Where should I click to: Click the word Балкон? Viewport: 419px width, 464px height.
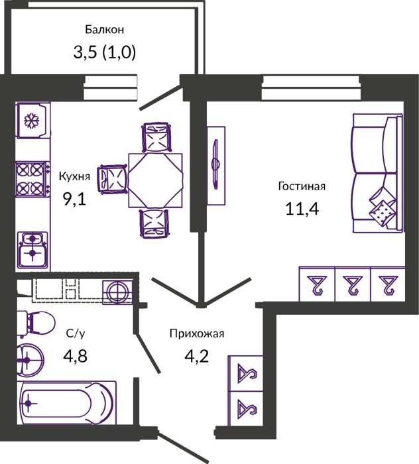(x=105, y=30)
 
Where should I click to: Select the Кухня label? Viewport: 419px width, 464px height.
(x=74, y=176)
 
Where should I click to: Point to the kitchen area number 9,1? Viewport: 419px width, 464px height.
(x=74, y=199)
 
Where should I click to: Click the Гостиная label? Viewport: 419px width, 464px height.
(x=302, y=186)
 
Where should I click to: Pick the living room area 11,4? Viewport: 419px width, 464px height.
(x=302, y=209)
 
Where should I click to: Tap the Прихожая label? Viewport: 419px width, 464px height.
(x=197, y=334)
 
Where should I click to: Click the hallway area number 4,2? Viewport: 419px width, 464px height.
(x=197, y=356)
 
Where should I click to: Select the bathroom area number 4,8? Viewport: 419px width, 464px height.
(x=75, y=356)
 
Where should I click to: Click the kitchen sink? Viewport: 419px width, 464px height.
(x=32, y=249)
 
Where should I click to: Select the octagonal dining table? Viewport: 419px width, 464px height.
(x=155, y=180)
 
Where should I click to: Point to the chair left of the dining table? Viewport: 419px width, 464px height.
(x=113, y=180)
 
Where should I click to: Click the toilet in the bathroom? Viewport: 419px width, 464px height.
(x=36, y=323)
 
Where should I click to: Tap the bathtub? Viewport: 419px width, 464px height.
(x=66, y=403)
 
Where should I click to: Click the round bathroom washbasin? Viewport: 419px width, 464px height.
(x=30, y=360)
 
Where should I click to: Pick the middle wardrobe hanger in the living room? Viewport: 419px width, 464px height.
(x=352, y=285)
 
